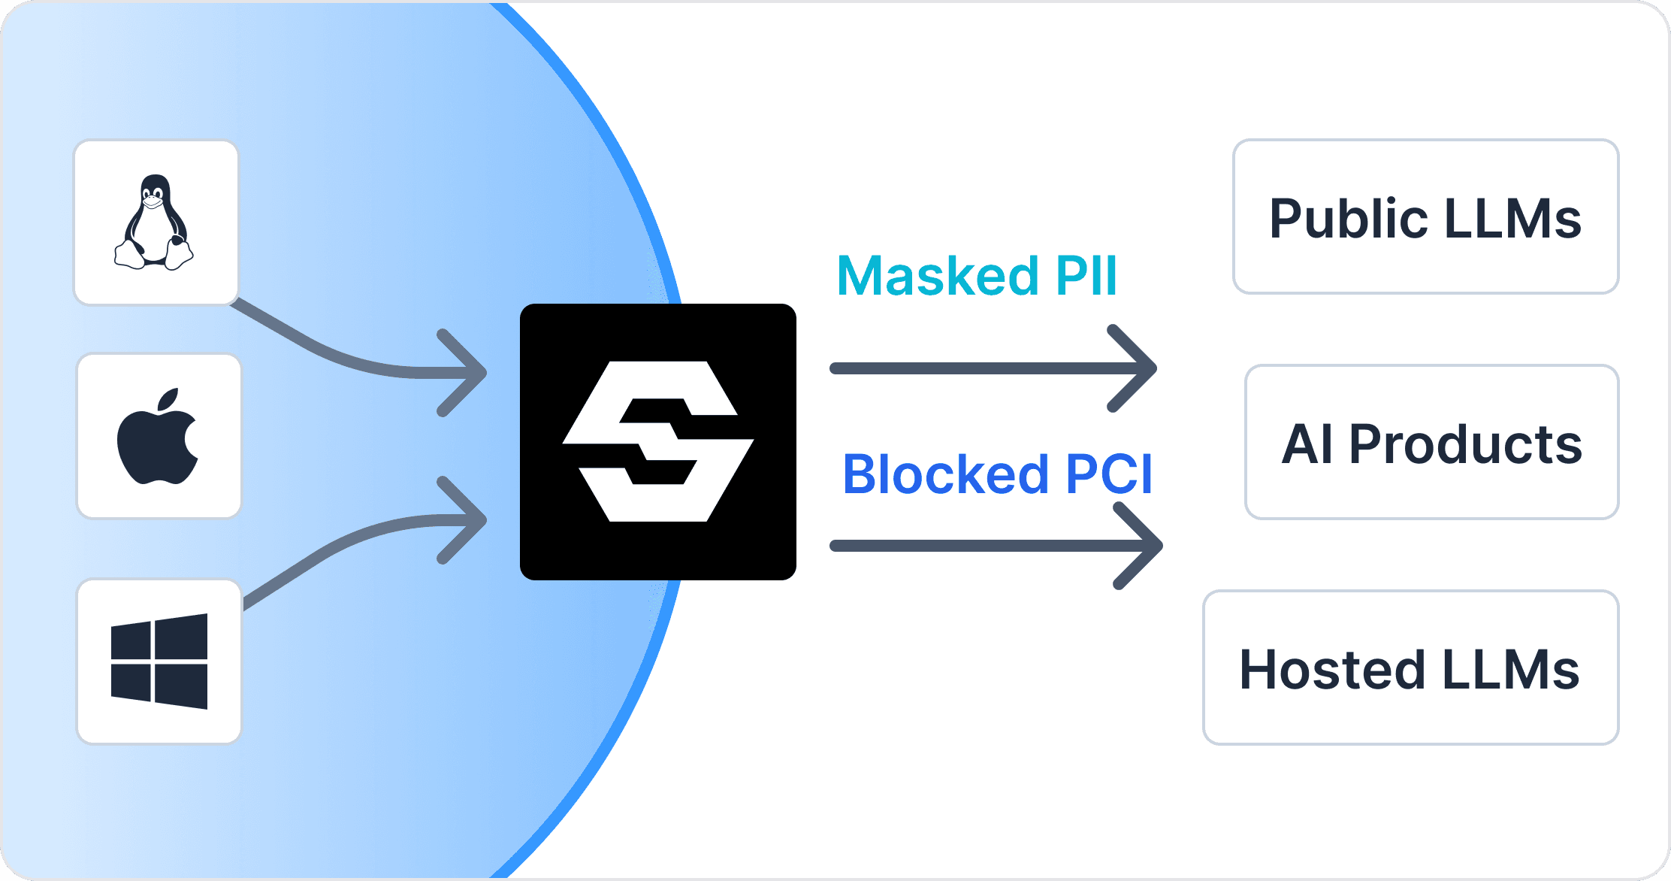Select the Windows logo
[159, 662]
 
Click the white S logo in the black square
[658, 441]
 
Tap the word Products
[1465, 444]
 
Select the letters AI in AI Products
[1307, 444]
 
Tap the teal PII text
[1086, 276]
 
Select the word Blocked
[945, 474]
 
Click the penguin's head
[154, 191]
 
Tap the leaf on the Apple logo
[170, 399]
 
